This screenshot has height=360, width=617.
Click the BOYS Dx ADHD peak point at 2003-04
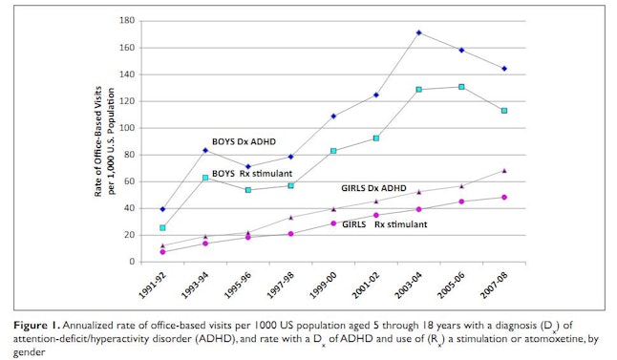(419, 32)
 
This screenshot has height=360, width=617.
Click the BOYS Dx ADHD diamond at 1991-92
(136, 208)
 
